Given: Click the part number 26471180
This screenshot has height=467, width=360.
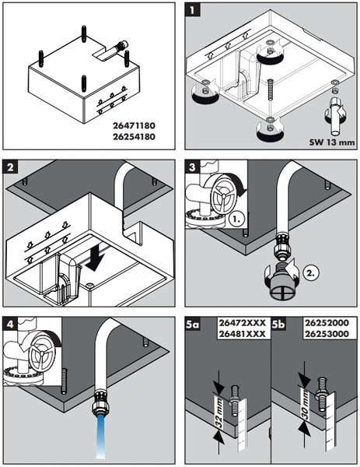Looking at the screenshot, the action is pyautogui.click(x=134, y=125).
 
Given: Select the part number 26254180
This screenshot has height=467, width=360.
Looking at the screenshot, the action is pyautogui.click(x=134, y=137).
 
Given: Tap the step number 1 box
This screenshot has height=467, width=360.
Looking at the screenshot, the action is pyautogui.click(x=192, y=10).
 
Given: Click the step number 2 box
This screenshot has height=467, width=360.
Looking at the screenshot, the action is pyautogui.click(x=10, y=167).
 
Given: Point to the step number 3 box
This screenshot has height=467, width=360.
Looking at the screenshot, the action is pyautogui.click(x=192, y=167).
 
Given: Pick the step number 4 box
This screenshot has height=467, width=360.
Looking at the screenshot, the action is pyautogui.click(x=10, y=324).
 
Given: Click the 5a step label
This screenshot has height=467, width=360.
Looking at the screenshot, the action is pyautogui.click(x=192, y=325).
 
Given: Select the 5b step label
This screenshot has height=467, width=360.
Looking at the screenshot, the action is pyautogui.click(x=278, y=325).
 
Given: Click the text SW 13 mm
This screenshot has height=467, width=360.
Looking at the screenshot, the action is pyautogui.click(x=332, y=142).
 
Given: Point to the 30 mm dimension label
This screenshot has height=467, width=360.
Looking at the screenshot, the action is pyautogui.click(x=305, y=406).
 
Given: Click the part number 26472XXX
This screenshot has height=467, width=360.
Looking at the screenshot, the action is pyautogui.click(x=242, y=323).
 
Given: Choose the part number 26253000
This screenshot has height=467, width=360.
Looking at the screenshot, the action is pyautogui.click(x=327, y=334).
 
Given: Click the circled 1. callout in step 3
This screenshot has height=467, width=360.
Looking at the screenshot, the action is pyautogui.click(x=237, y=219).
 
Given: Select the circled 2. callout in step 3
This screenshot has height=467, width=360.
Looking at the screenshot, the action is pyautogui.click(x=311, y=272).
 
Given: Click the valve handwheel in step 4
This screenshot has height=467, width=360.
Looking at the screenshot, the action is pyautogui.click(x=42, y=353).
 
